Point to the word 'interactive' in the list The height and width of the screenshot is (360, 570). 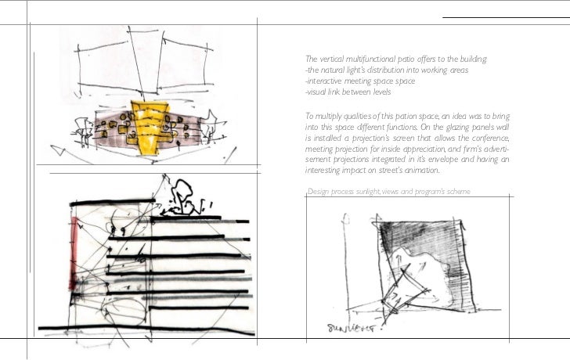tap(323, 81)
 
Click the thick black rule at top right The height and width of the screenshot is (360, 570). tap(506, 16)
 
